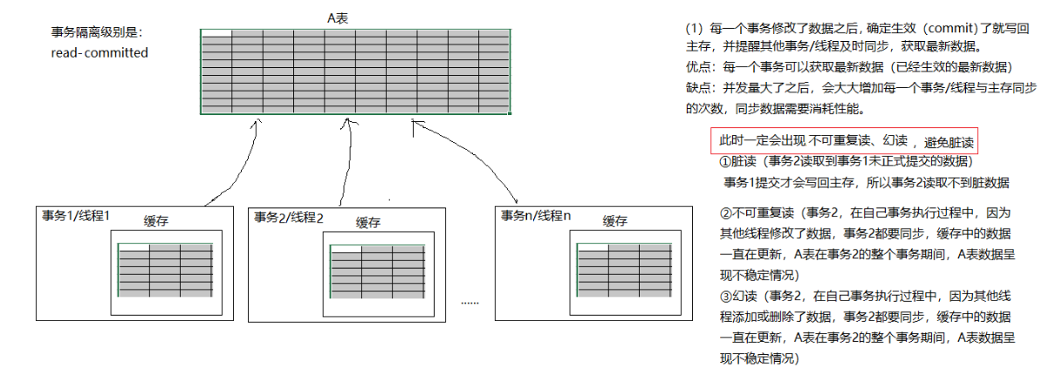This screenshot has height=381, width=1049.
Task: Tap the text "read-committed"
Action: pos(99,52)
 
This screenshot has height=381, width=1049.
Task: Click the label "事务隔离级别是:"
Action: pos(96,32)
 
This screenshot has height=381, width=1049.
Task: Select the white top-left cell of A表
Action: pos(216,34)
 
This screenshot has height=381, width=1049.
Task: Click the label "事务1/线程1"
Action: pos(76,215)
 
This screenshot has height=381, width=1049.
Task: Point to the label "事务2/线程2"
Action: pos(289,217)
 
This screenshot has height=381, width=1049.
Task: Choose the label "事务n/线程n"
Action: pos(537,214)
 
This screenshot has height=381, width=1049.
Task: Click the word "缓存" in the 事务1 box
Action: pos(156,221)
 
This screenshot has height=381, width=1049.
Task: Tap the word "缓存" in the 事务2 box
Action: pos(369,222)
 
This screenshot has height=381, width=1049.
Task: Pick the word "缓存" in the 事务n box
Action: pos(615,221)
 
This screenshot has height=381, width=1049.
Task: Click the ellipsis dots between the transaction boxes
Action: pos(470,303)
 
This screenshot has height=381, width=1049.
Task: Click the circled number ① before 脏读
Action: pos(724,162)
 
